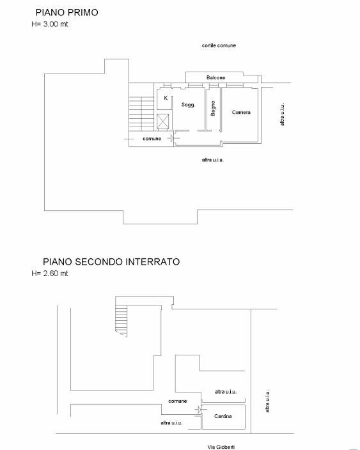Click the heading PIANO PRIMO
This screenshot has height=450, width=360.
[67, 12]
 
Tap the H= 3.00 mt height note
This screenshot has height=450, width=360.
[50, 24]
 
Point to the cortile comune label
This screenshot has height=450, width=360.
[219, 46]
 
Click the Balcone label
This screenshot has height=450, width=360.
[215, 78]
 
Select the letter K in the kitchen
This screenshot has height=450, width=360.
[166, 98]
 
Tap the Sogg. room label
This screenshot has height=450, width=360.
[187, 104]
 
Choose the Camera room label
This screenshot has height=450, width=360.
[241, 112]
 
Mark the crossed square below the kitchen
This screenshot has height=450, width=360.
[164, 121]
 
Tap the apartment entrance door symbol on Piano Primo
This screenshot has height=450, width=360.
[171, 138]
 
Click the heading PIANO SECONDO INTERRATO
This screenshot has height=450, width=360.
[111, 261]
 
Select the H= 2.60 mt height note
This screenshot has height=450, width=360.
[50, 274]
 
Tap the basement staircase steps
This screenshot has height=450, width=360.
[122, 320]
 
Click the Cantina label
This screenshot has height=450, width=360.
[223, 417]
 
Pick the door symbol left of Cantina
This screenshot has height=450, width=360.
[200, 409]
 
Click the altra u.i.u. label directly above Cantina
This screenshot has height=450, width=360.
[226, 392]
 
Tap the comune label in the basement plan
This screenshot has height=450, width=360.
[178, 401]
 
